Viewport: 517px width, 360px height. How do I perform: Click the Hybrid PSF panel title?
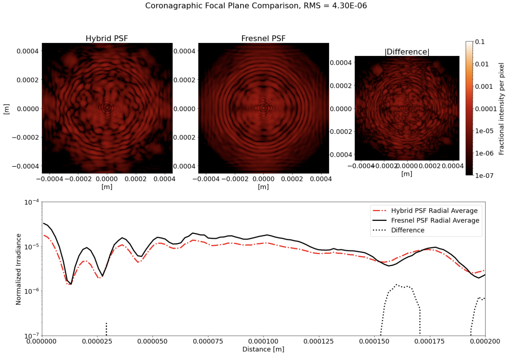click(107, 38)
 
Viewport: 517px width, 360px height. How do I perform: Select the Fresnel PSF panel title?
click(263, 38)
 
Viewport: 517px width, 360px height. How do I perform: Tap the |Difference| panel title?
click(407, 52)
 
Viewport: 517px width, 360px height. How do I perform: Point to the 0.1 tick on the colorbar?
click(480, 42)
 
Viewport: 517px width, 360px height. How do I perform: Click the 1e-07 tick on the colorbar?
click(484, 175)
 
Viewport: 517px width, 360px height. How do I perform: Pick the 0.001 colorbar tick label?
click(484, 86)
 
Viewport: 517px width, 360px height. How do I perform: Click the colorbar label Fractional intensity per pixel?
click(502, 109)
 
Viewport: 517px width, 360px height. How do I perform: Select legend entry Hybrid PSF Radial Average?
click(434, 211)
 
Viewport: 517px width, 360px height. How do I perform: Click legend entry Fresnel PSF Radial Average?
click(435, 221)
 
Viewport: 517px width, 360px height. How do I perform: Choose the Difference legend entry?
click(408, 230)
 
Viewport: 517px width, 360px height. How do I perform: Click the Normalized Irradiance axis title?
click(19, 269)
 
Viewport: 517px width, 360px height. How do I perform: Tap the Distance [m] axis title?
click(263, 349)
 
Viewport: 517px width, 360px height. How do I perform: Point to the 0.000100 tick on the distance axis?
click(263, 341)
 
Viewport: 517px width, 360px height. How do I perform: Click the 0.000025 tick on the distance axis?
click(98, 341)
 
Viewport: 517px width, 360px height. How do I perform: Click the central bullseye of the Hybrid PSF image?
click(107, 108)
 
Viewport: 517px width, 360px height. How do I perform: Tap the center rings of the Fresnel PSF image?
click(263, 108)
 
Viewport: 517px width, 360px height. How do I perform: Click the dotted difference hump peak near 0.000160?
click(396, 285)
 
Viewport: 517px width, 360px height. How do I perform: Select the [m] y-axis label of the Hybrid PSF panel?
click(6, 109)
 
